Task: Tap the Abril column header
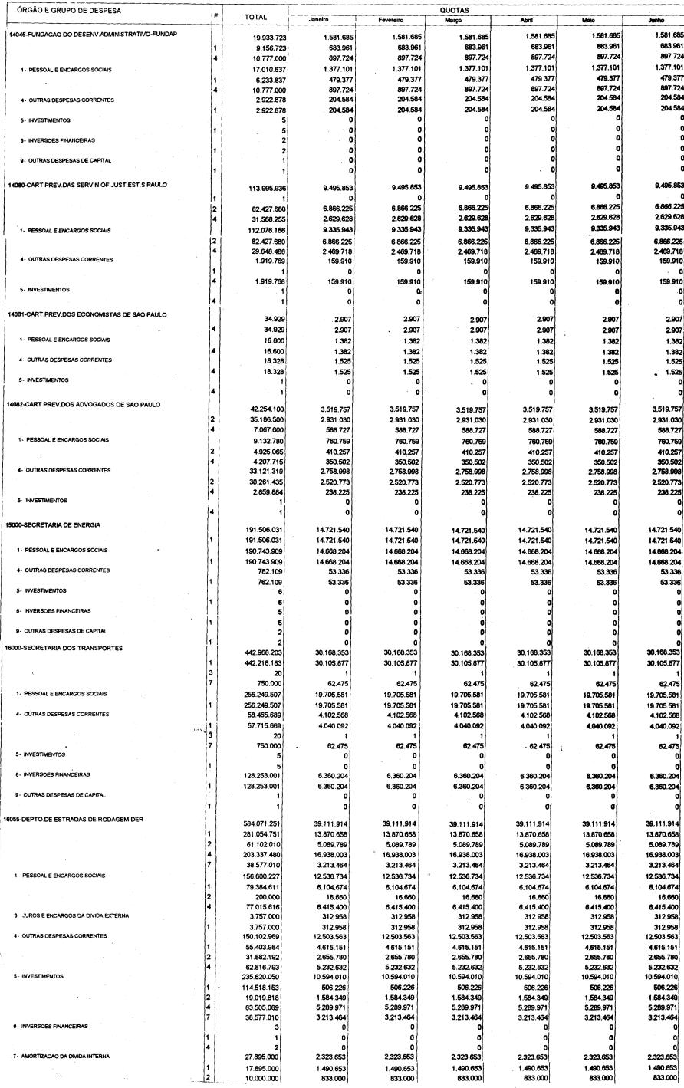526,21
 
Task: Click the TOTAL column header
254,16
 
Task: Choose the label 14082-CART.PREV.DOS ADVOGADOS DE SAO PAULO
84,404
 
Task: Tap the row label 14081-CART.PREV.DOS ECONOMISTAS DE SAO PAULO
85,314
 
